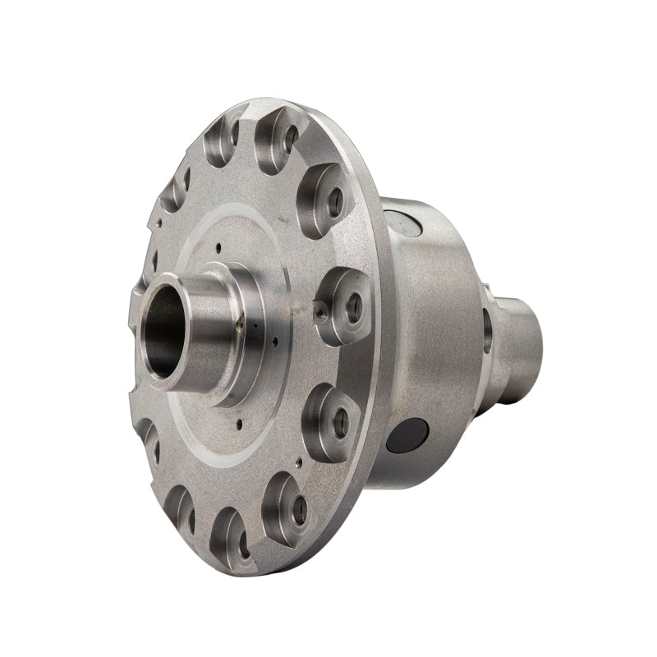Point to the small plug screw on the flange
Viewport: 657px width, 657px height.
tap(319, 310)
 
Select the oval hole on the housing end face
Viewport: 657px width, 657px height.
tap(487, 329)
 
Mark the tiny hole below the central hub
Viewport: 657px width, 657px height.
tap(237, 425)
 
